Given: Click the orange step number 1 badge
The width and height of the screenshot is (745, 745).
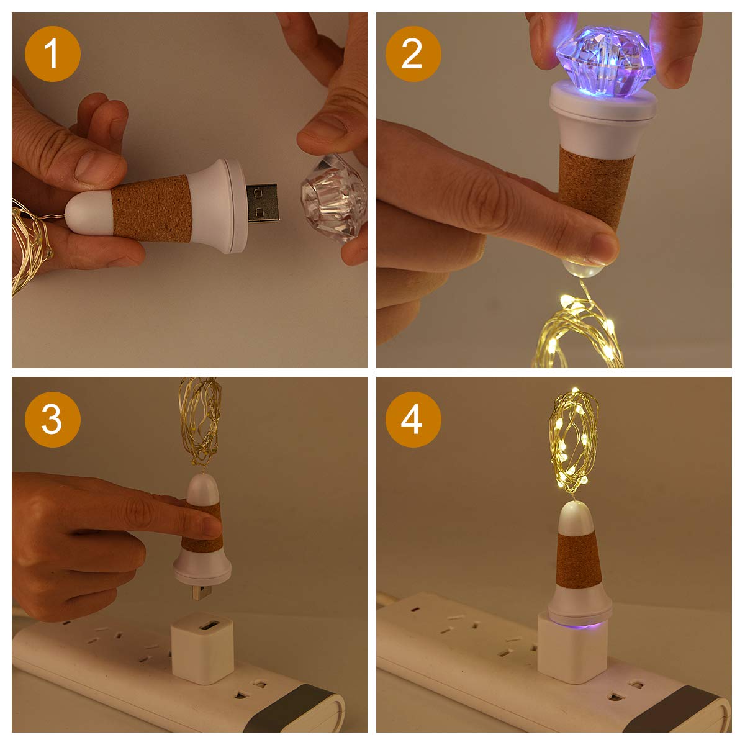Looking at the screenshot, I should pos(52,53).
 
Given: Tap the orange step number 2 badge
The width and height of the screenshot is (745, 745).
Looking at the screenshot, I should pos(413,53).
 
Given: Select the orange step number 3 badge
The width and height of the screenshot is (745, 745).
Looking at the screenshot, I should pos(52,420).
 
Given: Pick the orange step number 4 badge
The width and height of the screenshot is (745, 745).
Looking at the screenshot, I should pos(413,420).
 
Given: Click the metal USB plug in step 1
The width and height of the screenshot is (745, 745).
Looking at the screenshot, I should pos(263,203).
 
